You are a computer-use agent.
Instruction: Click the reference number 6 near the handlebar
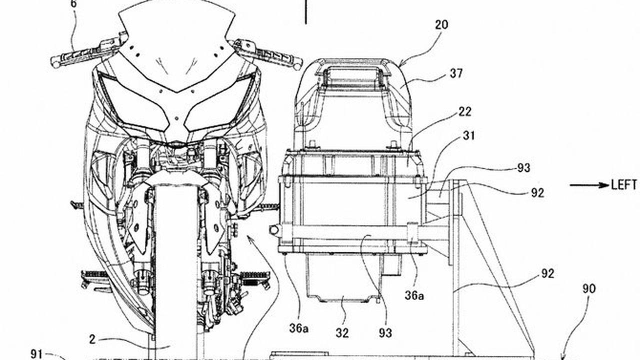74,4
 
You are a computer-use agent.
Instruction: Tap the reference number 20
441,25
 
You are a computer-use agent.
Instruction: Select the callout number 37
456,73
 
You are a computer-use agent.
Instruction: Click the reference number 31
468,135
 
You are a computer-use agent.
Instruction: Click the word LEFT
623,185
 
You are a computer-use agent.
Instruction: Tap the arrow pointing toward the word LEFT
589,185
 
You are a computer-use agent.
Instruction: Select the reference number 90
589,288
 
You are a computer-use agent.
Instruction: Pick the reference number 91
36,354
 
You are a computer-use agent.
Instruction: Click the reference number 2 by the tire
92,339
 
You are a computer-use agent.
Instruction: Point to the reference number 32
342,333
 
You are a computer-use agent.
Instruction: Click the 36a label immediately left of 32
299,328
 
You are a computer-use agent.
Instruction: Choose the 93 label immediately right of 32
385,333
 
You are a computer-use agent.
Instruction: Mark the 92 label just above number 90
547,273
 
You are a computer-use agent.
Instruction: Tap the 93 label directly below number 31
523,168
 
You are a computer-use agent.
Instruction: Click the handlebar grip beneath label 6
75,56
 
